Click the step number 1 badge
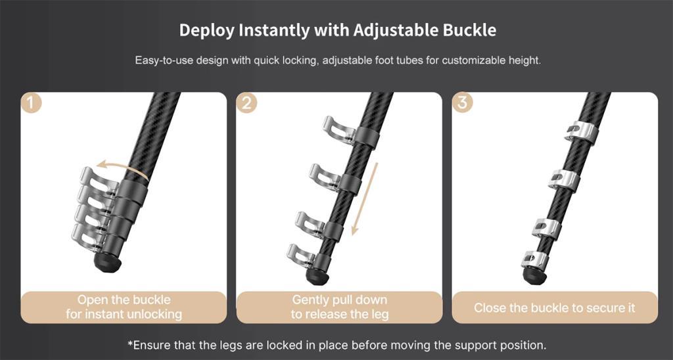[32, 103]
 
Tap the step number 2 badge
[247, 103]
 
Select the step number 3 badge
[463, 103]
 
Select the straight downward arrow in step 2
[364, 199]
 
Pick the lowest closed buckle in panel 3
[534, 259]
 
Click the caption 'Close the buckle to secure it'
[555, 307]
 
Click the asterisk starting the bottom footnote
[130, 344]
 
